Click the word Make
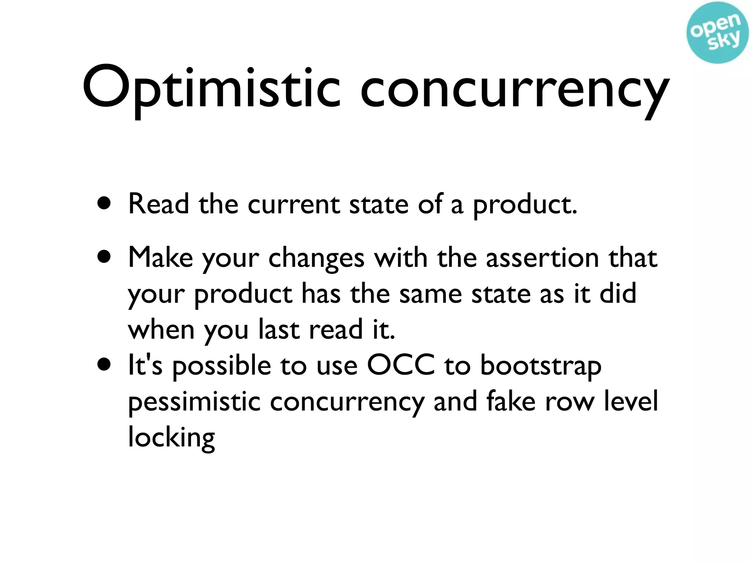point(161,258)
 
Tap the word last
point(279,330)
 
